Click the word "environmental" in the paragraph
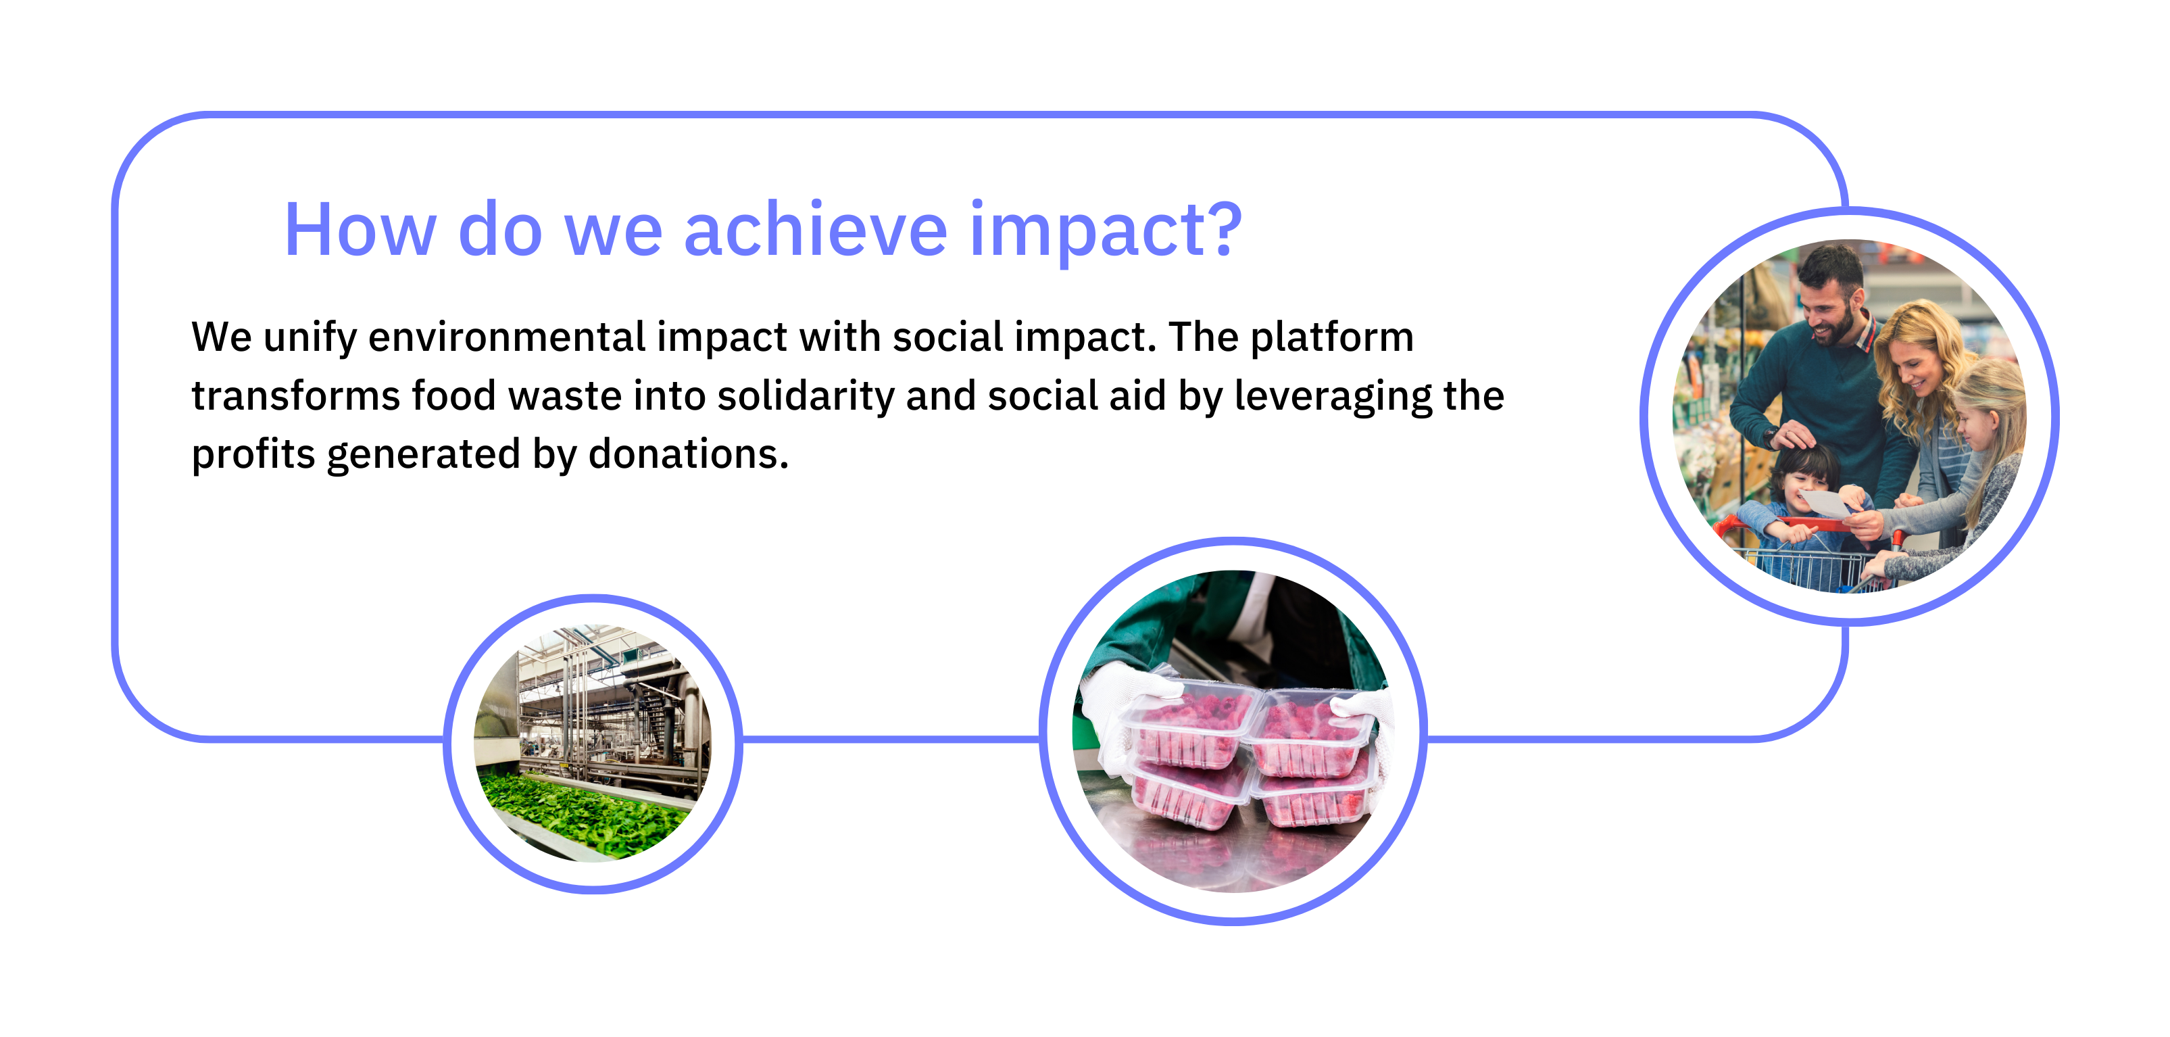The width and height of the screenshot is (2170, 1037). pos(506,337)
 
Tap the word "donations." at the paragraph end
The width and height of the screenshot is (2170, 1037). pos(688,454)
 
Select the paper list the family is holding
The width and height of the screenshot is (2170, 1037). pos(1828,503)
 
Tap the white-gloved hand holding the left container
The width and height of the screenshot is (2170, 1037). pos(1120,712)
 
